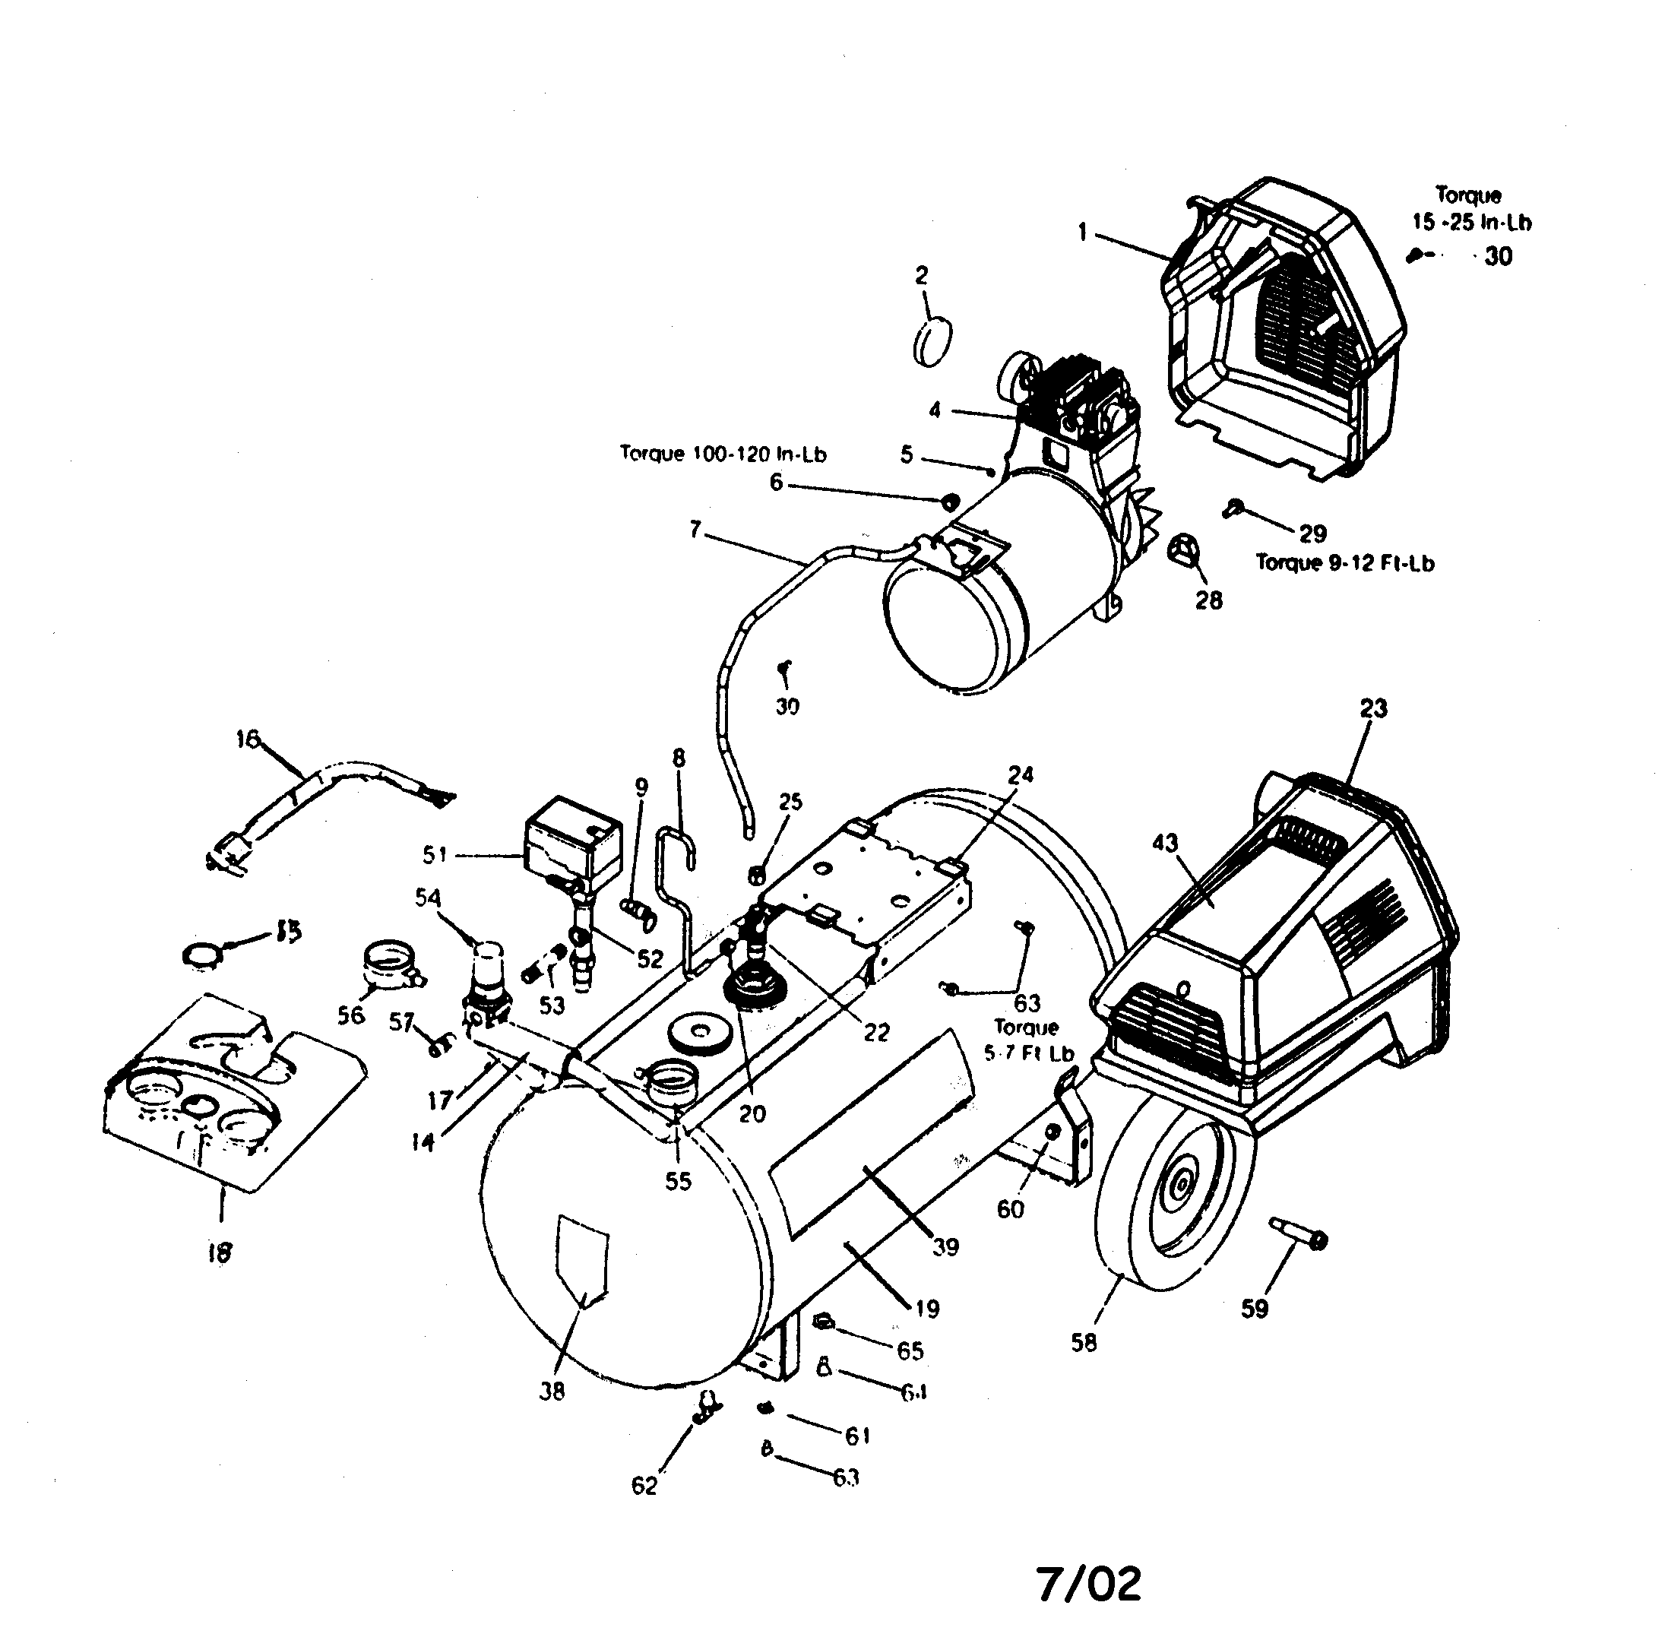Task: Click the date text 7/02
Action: tap(1088, 1585)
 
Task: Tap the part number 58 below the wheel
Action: tap(1083, 1342)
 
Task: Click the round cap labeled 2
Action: tap(933, 340)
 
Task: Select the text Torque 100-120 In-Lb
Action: tap(723, 454)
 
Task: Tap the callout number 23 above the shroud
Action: tap(1372, 708)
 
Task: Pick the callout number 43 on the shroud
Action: tap(1165, 843)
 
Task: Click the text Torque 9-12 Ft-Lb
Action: tap(1344, 563)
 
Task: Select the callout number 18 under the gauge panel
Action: tap(219, 1252)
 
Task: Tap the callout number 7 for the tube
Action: tap(695, 529)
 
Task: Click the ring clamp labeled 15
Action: tap(202, 952)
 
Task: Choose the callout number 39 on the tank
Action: tap(945, 1246)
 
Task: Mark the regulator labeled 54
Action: tap(486, 977)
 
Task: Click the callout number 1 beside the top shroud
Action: tap(1082, 232)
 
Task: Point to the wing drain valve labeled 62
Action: tap(707, 1408)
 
